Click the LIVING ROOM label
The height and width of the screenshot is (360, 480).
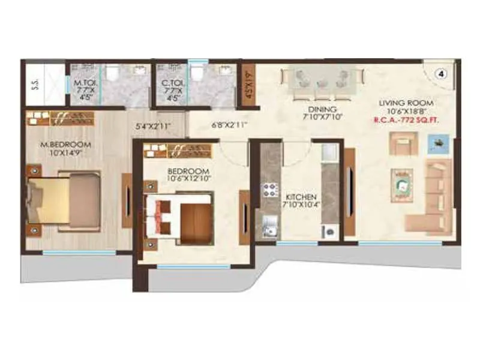pos(406,103)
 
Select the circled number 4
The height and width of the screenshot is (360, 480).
pos(441,74)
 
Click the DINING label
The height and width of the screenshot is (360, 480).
pos(322,109)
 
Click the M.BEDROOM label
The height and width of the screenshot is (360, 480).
pos(65,145)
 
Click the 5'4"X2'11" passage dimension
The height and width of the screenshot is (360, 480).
pos(154,126)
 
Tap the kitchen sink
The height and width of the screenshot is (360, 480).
pos(269,226)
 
